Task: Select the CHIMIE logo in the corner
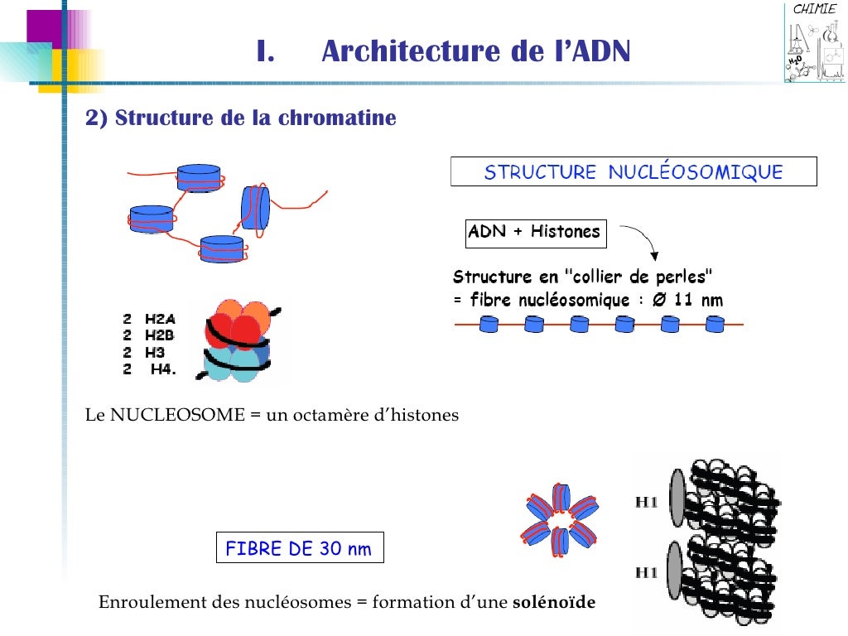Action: coord(815,43)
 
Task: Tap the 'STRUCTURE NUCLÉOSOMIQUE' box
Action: coord(634,172)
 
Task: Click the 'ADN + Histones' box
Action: coord(534,232)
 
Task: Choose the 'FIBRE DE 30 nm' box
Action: coord(299,548)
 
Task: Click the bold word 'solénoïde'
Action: coord(554,602)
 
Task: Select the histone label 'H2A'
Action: coord(160,318)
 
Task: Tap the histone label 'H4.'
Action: coord(163,369)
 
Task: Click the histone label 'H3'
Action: coord(155,352)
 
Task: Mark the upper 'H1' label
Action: coord(646,502)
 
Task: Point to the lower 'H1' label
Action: coord(646,572)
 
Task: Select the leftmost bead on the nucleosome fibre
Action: coord(489,324)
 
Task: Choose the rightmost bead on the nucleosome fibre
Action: coord(715,324)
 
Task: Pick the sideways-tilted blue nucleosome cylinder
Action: coord(256,207)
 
